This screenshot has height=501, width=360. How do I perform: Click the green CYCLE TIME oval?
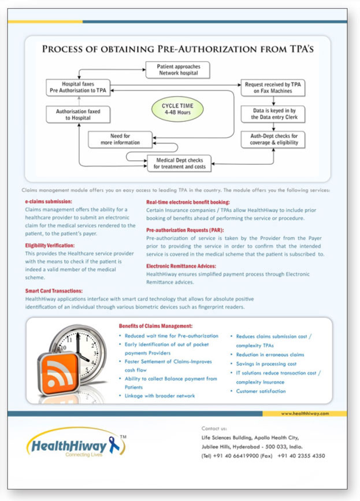pyautogui.click(x=177, y=109)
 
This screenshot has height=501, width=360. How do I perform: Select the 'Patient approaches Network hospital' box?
pyautogui.click(x=178, y=70)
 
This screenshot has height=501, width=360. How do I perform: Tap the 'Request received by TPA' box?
pyautogui.click(x=273, y=88)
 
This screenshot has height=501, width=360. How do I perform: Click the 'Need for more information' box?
pyautogui.click(x=120, y=139)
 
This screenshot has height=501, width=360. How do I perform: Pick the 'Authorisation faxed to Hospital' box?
pyautogui.click(x=78, y=114)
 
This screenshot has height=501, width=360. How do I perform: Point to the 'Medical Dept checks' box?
pyautogui.click(x=179, y=164)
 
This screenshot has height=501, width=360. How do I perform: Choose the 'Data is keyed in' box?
pyautogui.click(x=273, y=114)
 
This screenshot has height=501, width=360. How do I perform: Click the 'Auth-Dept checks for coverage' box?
pyautogui.click(x=273, y=139)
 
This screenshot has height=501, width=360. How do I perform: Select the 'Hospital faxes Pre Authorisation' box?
pyautogui.click(x=78, y=87)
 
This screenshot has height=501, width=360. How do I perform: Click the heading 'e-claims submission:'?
pyautogui.click(x=49, y=202)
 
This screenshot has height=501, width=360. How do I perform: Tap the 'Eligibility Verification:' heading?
pyautogui.click(x=50, y=246)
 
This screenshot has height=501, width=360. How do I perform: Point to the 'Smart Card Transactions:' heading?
pyautogui.click(x=54, y=291)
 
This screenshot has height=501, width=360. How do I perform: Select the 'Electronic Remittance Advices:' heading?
pyautogui.click(x=181, y=266)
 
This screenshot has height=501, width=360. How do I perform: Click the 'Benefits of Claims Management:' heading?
pyautogui.click(x=155, y=326)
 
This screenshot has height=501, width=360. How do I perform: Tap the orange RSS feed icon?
pyautogui.click(x=58, y=374)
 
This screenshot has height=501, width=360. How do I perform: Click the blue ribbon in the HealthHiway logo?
pyautogui.click(x=114, y=445)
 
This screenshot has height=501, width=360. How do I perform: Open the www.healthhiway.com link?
pyautogui.click(x=305, y=413)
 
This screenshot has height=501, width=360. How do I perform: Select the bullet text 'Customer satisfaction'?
pyautogui.click(x=261, y=391)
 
